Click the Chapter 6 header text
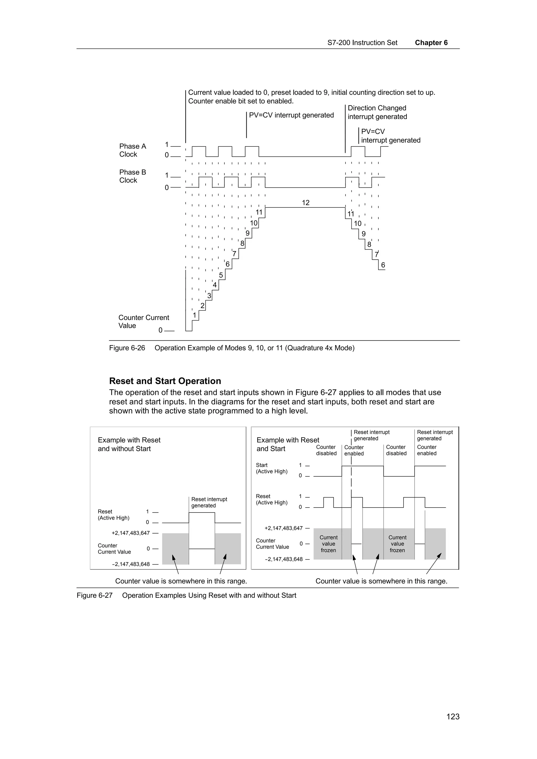tap(431, 43)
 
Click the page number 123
tap(453, 716)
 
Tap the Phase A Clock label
tap(132, 150)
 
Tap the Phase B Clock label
tap(132, 176)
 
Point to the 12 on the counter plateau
tap(305, 203)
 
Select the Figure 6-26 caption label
tap(127, 348)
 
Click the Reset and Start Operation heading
tap(165, 381)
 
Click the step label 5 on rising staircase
tap(221, 275)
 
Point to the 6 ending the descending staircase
tap(383, 265)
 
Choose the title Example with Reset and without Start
tap(129, 444)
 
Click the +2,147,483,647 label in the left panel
tap(130, 533)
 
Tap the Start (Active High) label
tap(271, 468)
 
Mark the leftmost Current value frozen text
tap(328, 544)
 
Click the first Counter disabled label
tap(326, 450)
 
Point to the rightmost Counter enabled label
tap(427, 450)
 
